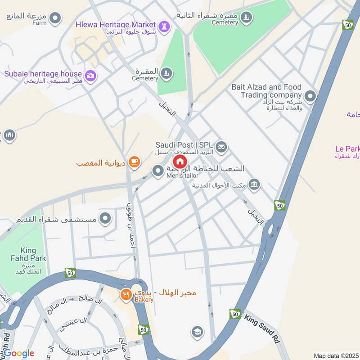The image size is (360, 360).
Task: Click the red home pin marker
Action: coord(180,162)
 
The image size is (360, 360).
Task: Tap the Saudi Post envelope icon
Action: coord(221,146)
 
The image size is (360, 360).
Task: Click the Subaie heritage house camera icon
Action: coord(90,75)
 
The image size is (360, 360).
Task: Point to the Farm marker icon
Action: coord(55,18)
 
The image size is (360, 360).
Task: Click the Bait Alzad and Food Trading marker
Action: coord(310,96)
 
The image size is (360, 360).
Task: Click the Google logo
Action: coord(18,353)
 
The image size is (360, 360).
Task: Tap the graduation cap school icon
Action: coord(197,332)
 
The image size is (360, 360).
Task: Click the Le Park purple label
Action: coord(347,149)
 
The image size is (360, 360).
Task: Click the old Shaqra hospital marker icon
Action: coord(106,219)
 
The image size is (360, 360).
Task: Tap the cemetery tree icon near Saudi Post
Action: coord(166,74)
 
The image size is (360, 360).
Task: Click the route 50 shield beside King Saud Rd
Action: coord(234,314)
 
